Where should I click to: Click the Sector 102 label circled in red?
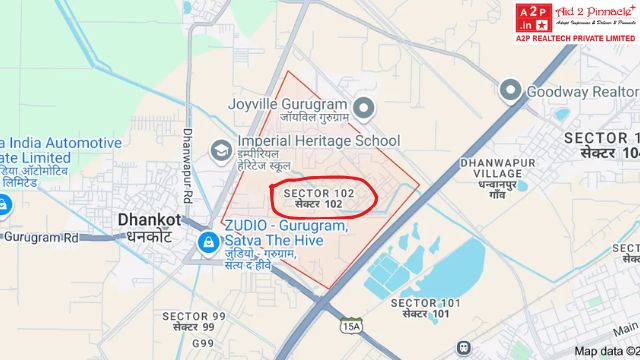pyautogui.click(x=319, y=198)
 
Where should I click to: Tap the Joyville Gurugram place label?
pyautogui.click(x=287, y=111)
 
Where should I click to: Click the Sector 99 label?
pyautogui.click(x=194, y=321)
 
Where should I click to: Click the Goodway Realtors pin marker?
pyautogui.click(x=512, y=91)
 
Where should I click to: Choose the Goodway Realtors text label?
pyautogui.click(x=584, y=91)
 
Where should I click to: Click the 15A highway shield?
pyautogui.click(x=350, y=326)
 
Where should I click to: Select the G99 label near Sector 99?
pyautogui.click(x=203, y=344)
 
